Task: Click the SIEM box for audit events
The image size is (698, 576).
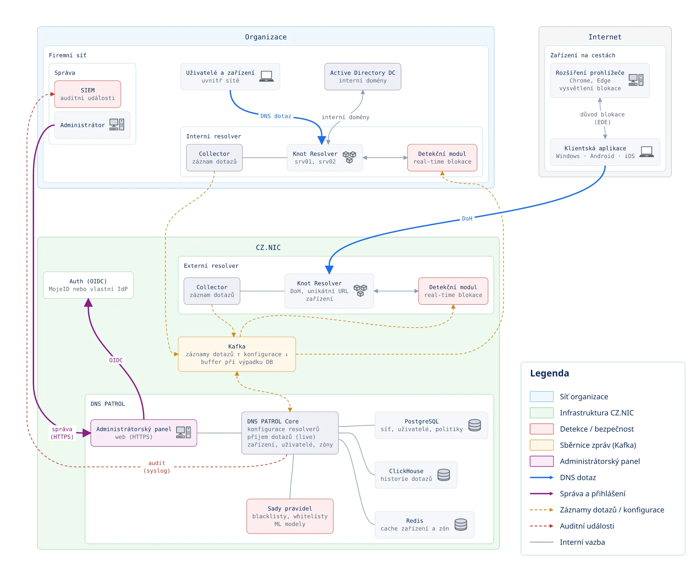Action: point(88,94)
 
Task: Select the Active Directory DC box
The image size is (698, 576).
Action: point(362,77)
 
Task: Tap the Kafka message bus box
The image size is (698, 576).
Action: point(237,354)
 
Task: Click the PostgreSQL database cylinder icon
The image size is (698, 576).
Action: point(474,425)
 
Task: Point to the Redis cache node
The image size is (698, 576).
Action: point(424,524)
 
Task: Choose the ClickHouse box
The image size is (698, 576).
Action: point(415,475)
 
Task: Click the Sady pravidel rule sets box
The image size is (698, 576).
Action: point(290,516)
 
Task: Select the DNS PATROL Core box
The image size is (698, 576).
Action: point(290,433)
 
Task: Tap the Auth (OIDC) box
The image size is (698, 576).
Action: point(88,285)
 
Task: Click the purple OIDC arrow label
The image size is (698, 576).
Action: point(116,360)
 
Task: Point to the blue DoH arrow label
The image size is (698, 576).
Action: point(467,219)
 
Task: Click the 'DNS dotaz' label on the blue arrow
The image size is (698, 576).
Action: point(276,116)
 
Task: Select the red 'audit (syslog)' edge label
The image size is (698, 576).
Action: point(157,467)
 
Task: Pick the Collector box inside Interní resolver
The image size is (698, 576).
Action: point(214,158)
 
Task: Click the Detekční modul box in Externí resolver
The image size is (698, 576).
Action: point(453,291)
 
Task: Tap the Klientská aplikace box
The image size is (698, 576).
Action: point(605,152)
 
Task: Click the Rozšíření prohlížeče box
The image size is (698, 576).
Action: point(599,80)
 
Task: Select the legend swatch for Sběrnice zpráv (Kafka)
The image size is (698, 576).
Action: point(542,445)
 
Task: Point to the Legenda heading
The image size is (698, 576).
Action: point(549,373)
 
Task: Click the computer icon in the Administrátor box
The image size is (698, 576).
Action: point(117,125)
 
